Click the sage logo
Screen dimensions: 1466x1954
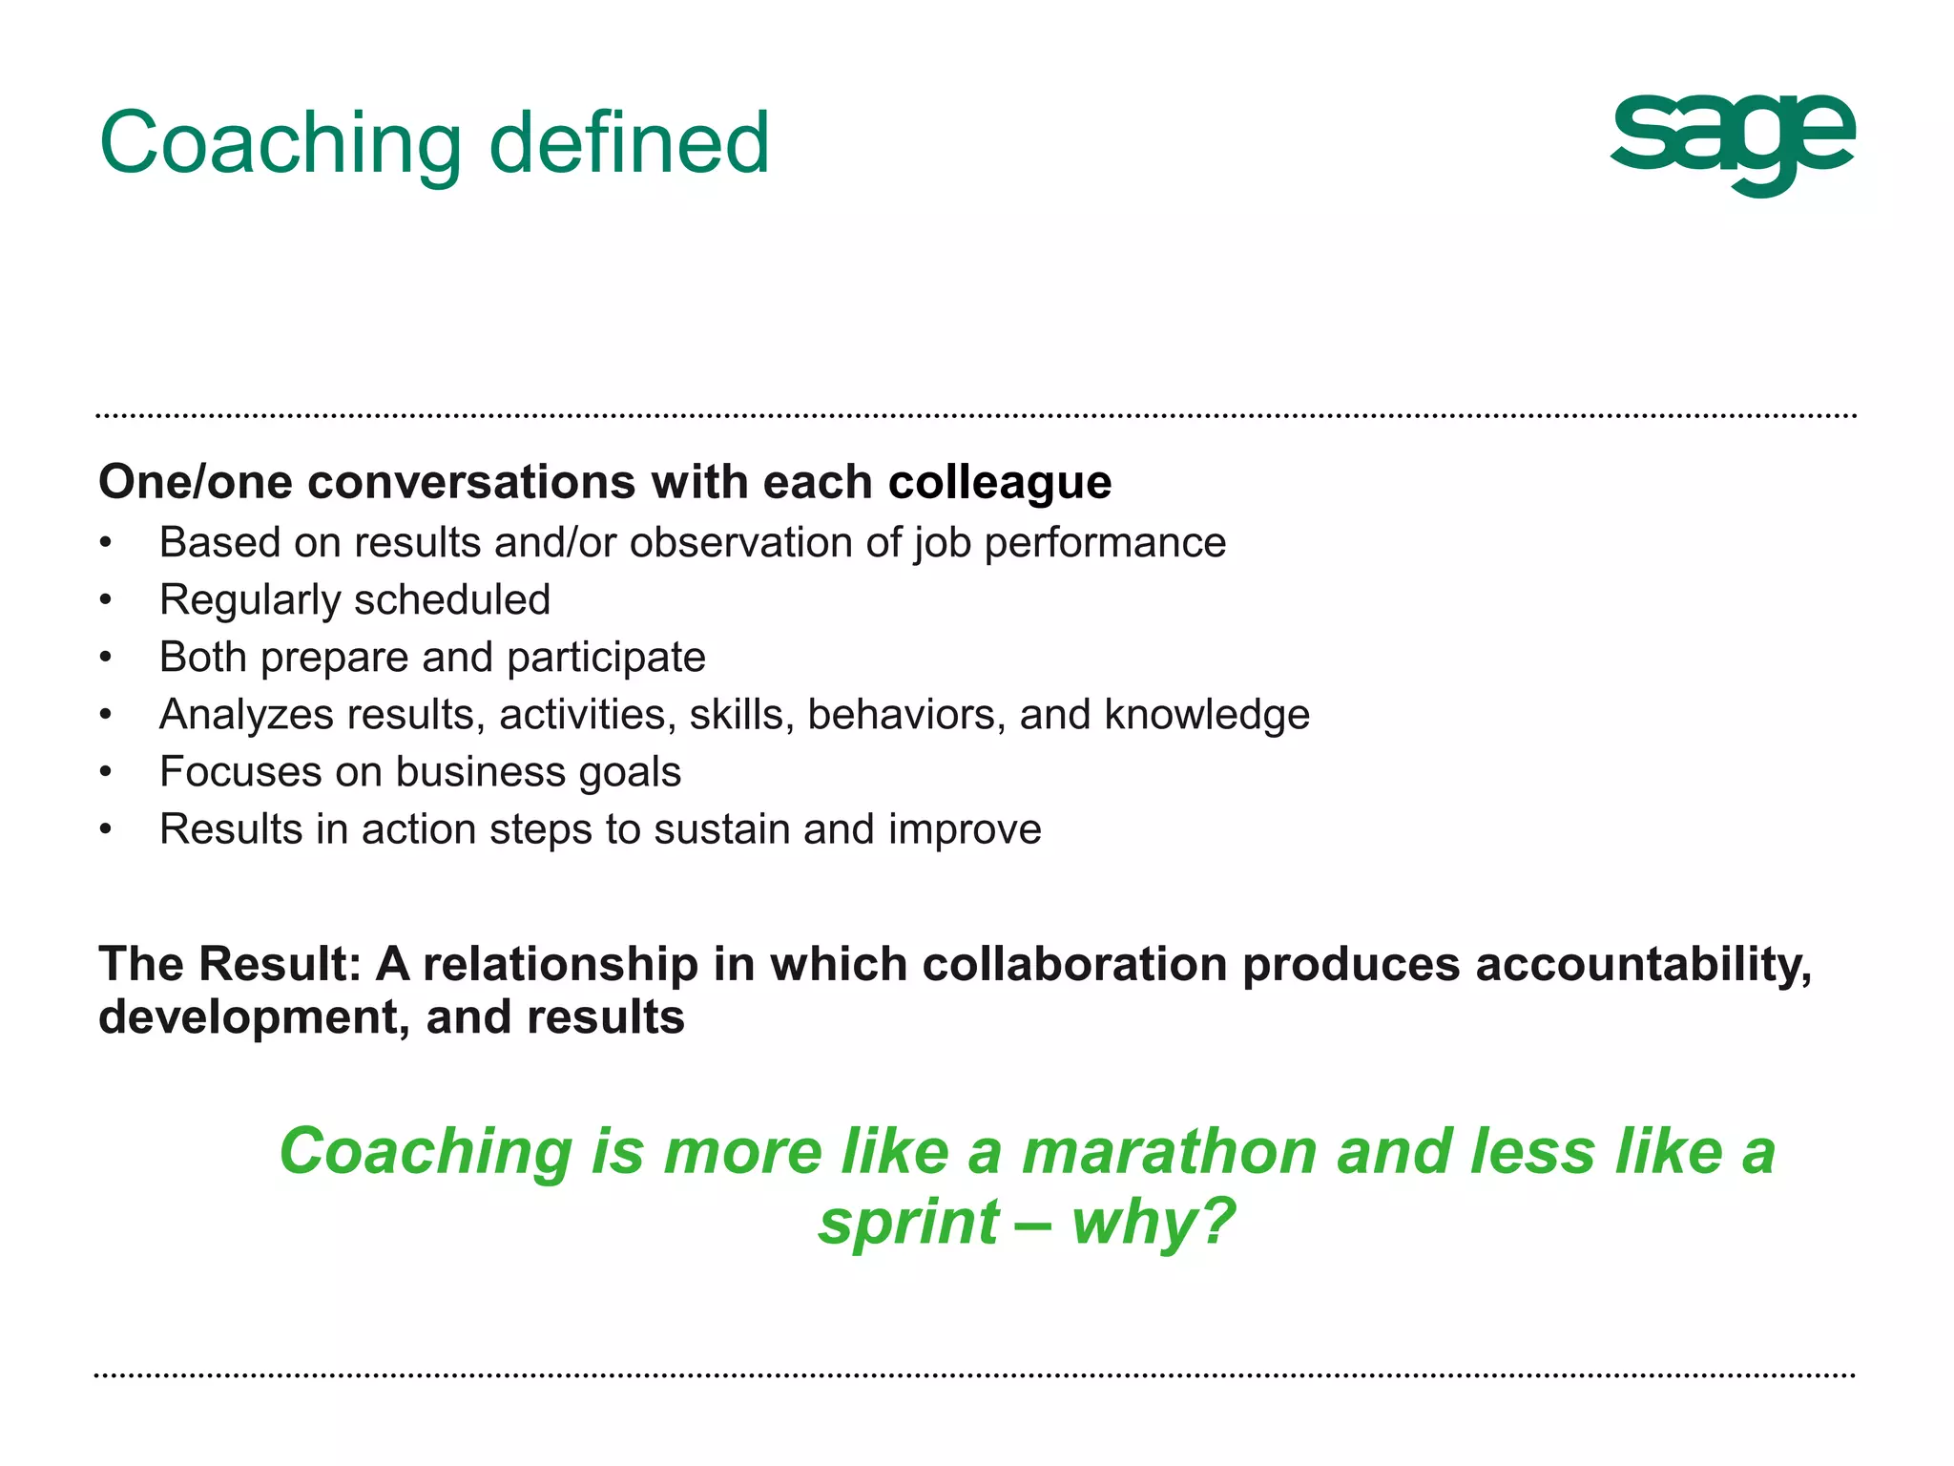[1732, 143]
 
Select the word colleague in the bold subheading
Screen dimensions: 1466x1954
[999, 482]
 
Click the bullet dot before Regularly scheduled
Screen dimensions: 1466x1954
[106, 600]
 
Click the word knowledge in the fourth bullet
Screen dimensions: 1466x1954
[1207, 715]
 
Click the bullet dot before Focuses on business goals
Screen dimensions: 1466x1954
[106, 772]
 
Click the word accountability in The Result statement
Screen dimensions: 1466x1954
[1643, 964]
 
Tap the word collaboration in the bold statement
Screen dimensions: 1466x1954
[1074, 964]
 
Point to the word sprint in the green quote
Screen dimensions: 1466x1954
[908, 1223]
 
